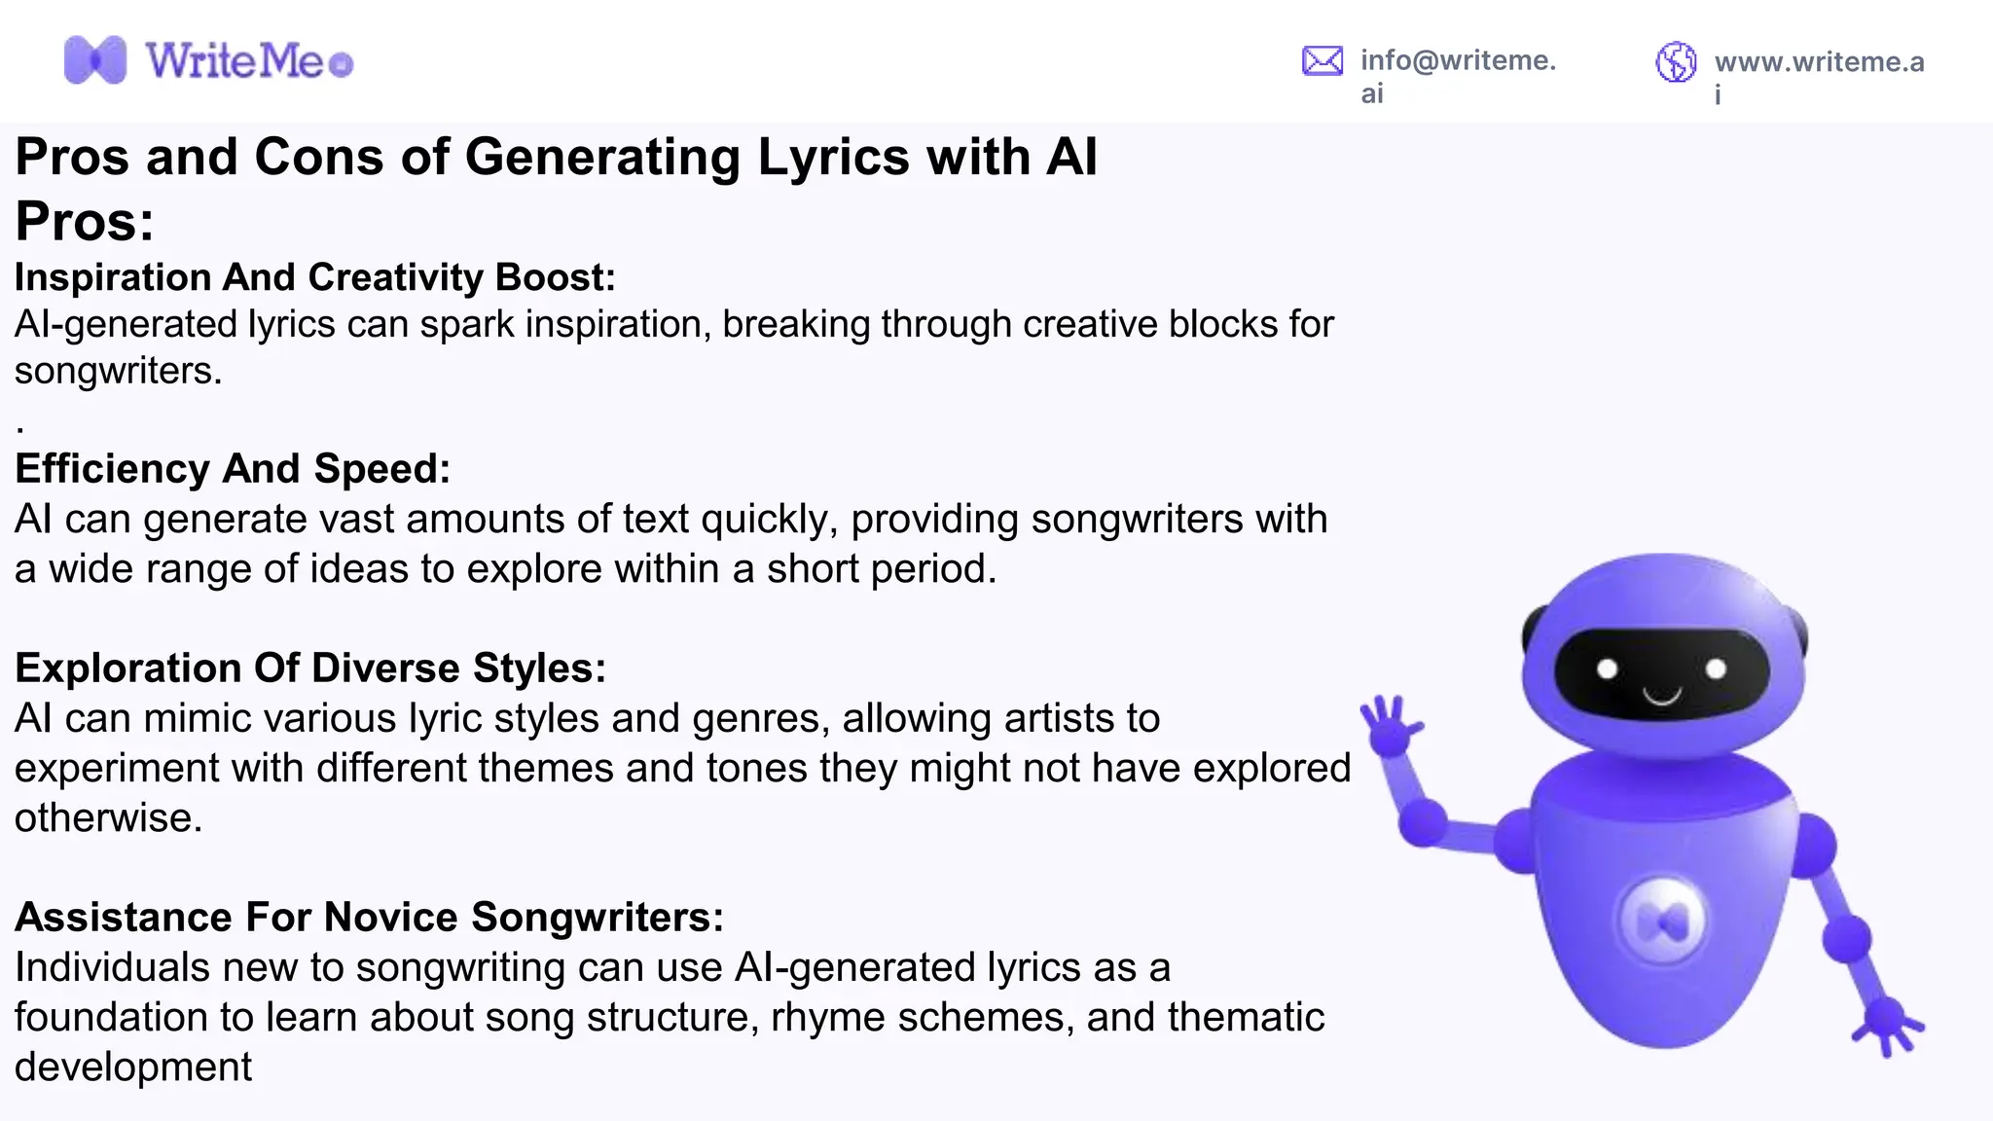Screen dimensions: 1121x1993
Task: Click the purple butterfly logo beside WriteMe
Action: tap(94, 60)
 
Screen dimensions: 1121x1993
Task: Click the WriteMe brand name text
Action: tap(235, 61)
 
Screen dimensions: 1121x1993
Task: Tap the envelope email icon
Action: tap(1322, 61)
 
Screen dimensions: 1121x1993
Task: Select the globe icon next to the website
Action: tap(1676, 62)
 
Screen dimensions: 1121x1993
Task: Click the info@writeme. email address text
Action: tap(1458, 60)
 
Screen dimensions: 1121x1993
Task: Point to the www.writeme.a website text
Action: tap(1819, 62)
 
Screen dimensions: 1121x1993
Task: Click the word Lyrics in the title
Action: tap(833, 157)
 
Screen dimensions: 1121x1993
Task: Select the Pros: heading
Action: tap(85, 221)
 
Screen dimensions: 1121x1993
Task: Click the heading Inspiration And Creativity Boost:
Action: tap(314, 277)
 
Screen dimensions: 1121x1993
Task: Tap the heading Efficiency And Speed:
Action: tap(233, 469)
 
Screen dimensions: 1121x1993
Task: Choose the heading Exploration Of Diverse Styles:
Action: tap(310, 669)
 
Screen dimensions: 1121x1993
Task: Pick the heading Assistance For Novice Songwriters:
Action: tap(369, 918)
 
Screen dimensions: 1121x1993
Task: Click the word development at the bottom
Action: tap(133, 1067)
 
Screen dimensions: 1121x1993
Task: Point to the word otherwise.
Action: tap(108, 818)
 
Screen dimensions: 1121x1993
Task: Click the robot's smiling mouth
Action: tap(1662, 696)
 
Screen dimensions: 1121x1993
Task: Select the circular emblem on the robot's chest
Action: tap(1662, 922)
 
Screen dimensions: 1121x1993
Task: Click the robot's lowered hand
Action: tap(1888, 1022)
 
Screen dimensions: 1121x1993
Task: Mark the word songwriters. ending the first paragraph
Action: tap(118, 371)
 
